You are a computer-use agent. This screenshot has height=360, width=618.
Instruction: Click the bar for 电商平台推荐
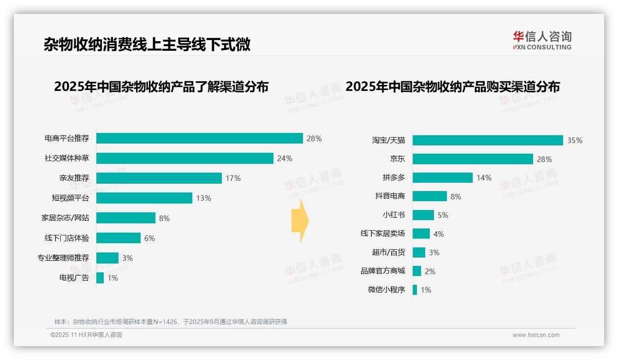199,138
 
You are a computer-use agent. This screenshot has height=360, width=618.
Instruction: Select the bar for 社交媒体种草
184,158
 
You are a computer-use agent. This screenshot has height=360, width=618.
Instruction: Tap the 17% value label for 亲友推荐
233,178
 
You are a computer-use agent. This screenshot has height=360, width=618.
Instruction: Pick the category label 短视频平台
70,198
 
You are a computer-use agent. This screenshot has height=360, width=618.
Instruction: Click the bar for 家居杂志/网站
125,218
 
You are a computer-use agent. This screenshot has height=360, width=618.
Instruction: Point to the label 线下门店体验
67,238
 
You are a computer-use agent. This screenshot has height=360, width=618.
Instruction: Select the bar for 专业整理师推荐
107,258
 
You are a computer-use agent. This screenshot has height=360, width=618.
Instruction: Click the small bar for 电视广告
100,278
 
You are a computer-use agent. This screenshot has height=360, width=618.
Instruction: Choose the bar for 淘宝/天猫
487,140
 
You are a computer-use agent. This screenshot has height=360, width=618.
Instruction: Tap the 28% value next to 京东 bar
544,159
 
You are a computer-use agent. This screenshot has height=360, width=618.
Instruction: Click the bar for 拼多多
442,178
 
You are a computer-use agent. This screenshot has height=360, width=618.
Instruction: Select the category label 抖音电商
390,196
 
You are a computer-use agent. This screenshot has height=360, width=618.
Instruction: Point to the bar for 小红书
423,215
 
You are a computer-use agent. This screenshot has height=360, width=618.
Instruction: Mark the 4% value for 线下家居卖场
439,234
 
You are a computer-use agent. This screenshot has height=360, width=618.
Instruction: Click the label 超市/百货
388,252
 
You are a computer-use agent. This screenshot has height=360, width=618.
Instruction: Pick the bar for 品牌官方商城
416,271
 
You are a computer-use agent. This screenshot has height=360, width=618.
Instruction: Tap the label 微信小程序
386,290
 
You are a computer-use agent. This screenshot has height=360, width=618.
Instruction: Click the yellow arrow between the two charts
300,221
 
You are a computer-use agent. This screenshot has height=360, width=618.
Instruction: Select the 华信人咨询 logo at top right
542,40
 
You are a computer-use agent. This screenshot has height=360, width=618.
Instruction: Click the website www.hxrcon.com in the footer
535,335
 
